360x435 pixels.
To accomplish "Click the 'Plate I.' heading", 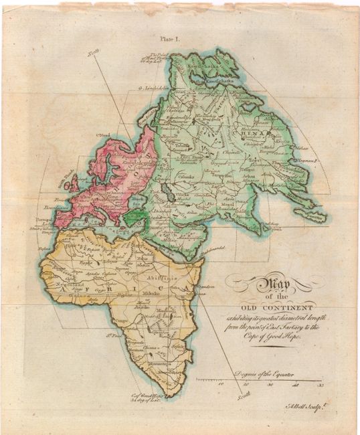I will tap(169, 39).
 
